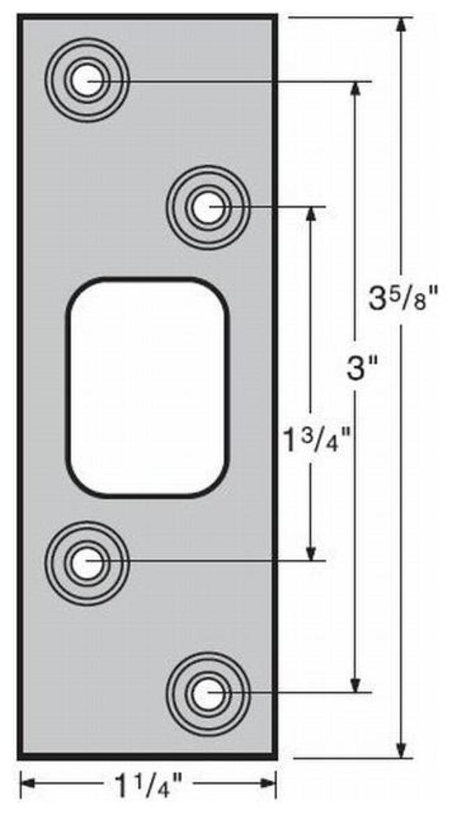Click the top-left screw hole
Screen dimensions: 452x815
[87, 81]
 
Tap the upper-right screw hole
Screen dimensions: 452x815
[208, 207]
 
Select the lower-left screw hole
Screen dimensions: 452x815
[87, 563]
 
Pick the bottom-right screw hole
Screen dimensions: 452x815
[208, 693]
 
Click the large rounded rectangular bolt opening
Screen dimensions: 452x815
[147, 388]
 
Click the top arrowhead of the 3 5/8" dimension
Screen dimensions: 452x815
[401, 26]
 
